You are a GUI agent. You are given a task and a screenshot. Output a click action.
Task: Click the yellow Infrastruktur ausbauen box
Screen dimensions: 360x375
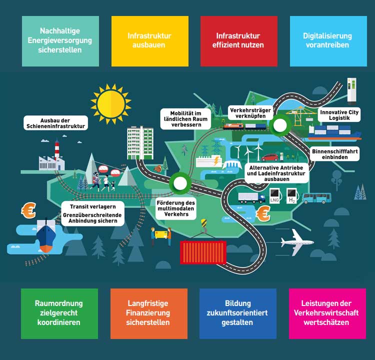[149, 41]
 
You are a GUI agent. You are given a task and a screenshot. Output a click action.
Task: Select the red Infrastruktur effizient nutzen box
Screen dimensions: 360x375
[239, 41]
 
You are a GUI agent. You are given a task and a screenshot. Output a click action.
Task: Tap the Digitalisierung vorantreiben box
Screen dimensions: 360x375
[327, 41]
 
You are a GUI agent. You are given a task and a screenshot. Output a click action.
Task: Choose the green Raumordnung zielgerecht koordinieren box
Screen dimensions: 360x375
[59, 313]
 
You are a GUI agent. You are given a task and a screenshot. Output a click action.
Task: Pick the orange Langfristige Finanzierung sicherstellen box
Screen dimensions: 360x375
[148, 313]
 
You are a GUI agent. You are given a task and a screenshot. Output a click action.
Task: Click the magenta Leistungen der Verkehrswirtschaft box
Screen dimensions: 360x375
[327, 313]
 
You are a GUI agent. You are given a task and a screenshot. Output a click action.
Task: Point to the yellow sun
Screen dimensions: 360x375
[111, 102]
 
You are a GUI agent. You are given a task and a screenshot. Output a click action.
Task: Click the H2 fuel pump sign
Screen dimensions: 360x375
[291, 195]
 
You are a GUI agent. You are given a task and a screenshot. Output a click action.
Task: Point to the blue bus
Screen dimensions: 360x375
[316, 198]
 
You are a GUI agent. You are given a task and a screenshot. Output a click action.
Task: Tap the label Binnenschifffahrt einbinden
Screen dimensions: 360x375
[335, 153]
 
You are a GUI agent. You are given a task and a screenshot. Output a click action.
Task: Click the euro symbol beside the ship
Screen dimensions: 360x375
[28, 210]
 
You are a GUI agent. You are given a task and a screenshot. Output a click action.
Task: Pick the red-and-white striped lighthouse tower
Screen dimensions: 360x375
[57, 149]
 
